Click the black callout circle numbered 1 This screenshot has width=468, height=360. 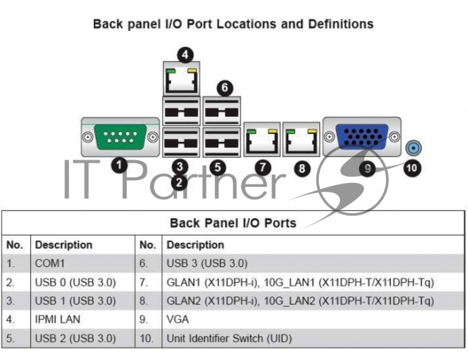119,165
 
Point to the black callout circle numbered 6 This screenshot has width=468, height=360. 223,88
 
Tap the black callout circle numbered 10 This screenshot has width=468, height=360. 412,167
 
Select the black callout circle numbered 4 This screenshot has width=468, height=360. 185,55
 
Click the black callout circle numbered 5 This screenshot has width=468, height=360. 218,167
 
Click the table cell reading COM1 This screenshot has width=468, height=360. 51,264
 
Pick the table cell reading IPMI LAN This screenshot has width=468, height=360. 58,320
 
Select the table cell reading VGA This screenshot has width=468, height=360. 178,320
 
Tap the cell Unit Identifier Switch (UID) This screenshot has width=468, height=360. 229,338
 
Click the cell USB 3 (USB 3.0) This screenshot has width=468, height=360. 207,264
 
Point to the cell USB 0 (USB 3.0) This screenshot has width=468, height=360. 75,282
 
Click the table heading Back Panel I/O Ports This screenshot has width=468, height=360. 233,223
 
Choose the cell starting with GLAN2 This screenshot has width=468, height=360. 300,301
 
